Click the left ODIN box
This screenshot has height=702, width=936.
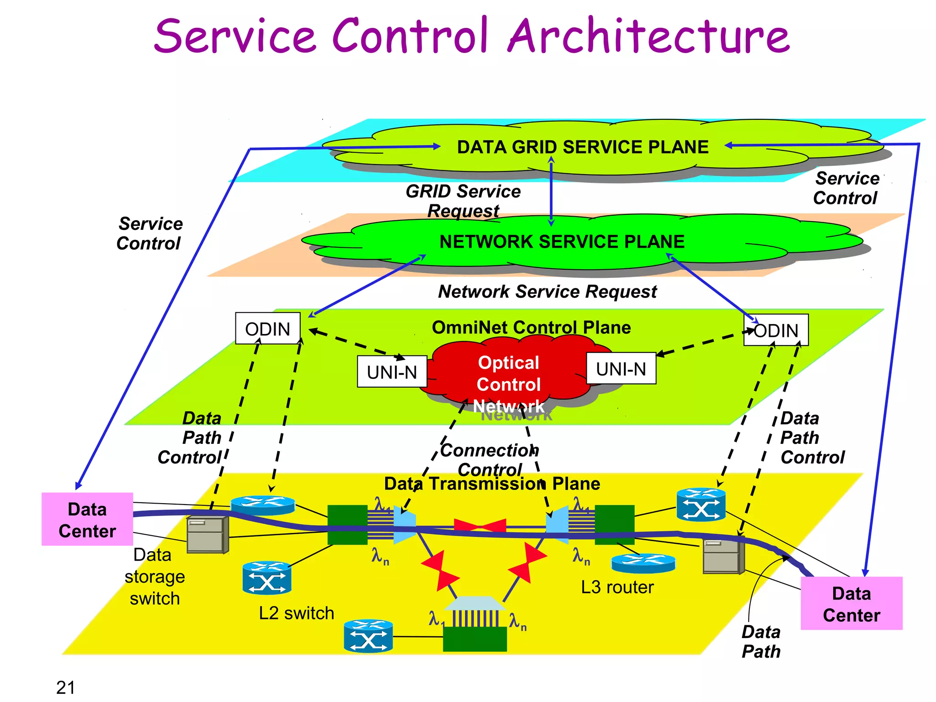pos(268,328)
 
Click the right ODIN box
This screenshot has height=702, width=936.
pos(776,330)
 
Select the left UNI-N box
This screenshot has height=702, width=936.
pos(392,372)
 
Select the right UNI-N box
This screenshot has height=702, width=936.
pos(621,368)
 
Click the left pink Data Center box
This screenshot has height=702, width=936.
pos(87,520)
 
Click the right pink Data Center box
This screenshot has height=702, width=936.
pos(851,604)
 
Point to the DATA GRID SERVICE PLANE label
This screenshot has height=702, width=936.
pos(583,147)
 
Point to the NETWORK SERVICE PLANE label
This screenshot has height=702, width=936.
pos(562,242)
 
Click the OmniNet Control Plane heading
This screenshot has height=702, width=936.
pos(531,327)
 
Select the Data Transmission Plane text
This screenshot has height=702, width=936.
pos(492,484)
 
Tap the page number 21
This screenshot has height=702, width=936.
pos(65,687)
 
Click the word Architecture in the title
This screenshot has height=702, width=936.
pos(649,36)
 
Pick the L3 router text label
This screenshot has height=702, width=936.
pos(617,587)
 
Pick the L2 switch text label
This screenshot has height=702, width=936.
pos(296,613)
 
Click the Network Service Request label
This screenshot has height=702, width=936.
pos(547,292)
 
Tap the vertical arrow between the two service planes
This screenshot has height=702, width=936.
pos(551,192)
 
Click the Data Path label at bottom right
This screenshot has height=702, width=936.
pos(761,642)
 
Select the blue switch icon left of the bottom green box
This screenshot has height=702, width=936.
pos(368,636)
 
